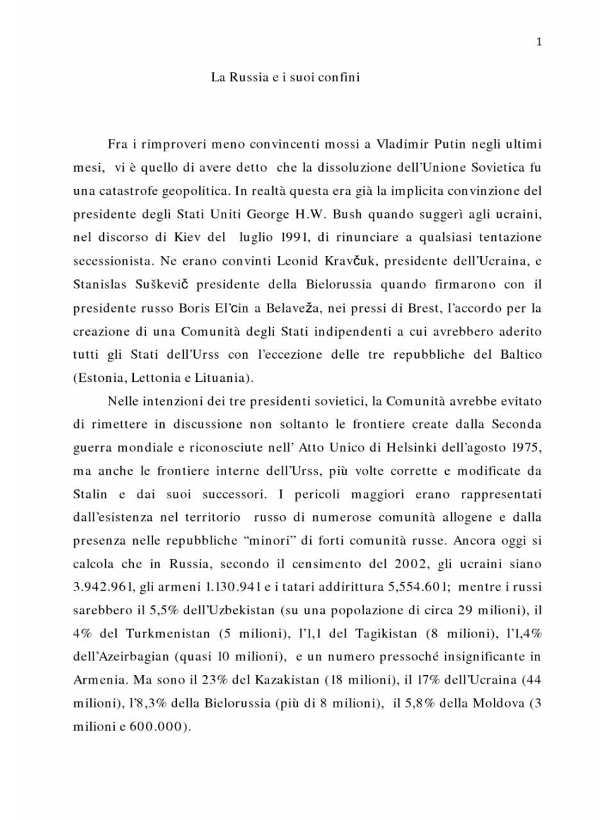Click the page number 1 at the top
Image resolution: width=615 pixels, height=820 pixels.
point(539,42)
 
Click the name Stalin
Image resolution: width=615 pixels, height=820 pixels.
point(90,495)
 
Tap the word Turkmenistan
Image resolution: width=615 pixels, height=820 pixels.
point(168,634)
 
